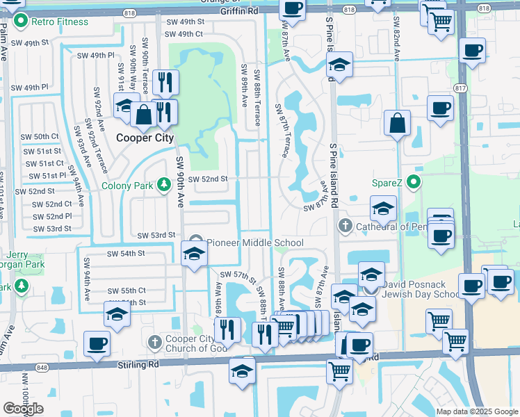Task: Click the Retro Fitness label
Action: [x=54, y=21]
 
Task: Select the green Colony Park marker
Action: [x=164, y=185]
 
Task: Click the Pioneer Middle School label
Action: [x=254, y=243]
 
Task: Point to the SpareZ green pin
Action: [x=414, y=183]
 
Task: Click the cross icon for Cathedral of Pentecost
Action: [x=345, y=227]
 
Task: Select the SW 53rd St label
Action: [x=156, y=236]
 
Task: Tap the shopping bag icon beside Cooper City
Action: [x=144, y=115]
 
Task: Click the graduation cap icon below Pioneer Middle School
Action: [x=194, y=253]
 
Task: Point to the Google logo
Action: [x=24, y=408]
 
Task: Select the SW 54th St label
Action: [x=125, y=254]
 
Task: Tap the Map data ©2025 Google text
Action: [x=477, y=411]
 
